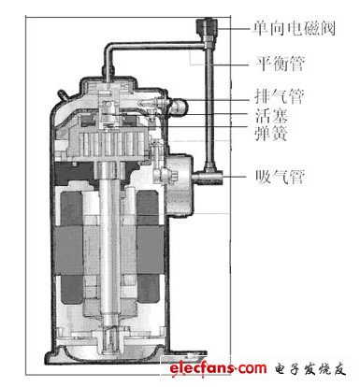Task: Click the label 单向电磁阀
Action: [295, 28]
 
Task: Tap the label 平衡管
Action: [280, 64]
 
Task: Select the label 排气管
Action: [280, 96]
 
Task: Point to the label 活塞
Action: [271, 116]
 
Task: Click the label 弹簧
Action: [271, 133]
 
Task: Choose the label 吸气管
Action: [280, 177]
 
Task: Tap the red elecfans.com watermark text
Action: [218, 368]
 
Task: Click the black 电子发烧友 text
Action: [310, 369]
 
